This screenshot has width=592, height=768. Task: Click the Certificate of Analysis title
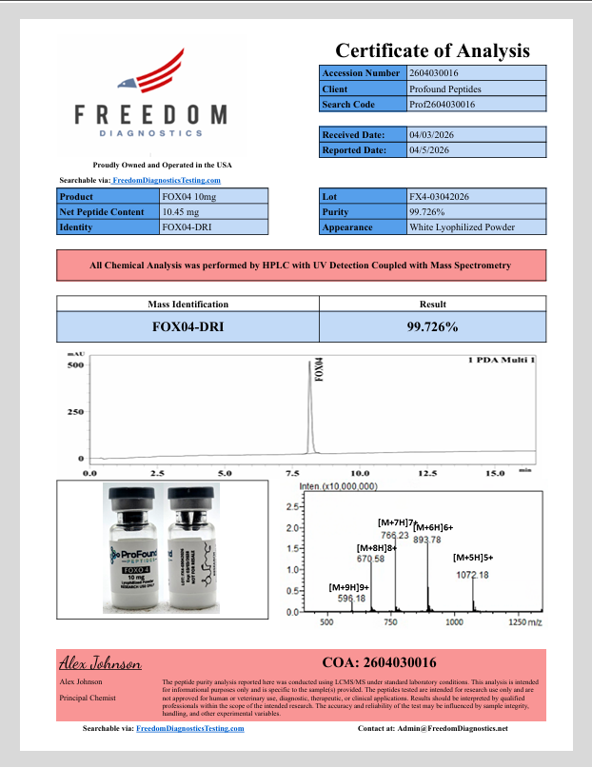tap(431, 50)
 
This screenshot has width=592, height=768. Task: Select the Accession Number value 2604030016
tap(434, 72)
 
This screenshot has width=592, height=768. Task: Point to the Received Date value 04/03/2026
tap(433, 134)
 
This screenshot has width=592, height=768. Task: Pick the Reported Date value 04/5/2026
tap(429, 149)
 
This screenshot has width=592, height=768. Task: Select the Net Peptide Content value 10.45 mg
tap(181, 211)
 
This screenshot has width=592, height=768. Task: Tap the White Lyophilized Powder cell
tap(462, 227)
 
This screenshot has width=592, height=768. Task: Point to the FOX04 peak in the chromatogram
tap(309, 409)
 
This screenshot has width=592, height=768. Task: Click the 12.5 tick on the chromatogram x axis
tap(427, 472)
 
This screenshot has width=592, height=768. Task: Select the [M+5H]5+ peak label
tap(473, 558)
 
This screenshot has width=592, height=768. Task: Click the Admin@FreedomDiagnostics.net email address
tap(446, 728)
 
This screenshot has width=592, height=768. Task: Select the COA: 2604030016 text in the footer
tap(380, 662)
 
